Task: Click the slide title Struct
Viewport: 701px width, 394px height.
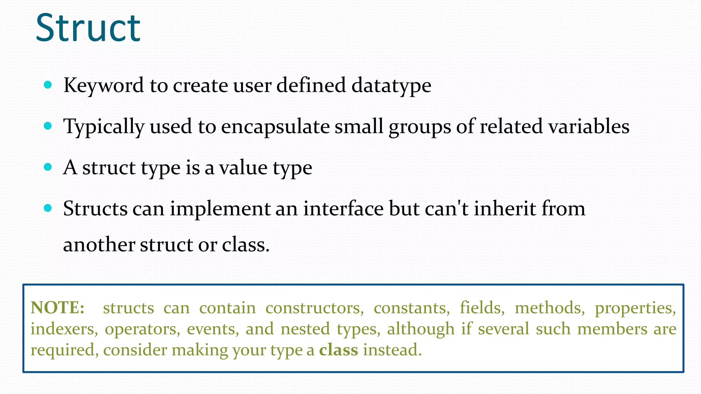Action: click(88, 28)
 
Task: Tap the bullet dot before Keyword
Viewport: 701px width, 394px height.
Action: click(48, 85)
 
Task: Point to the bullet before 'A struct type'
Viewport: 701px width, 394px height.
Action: click(48, 167)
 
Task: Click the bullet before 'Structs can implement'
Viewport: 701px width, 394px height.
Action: click(48, 208)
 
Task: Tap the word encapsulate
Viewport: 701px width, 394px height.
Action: click(275, 127)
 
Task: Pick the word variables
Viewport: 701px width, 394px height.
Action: click(589, 126)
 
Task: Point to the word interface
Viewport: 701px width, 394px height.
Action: click(343, 209)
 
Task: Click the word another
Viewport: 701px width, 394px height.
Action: click(99, 245)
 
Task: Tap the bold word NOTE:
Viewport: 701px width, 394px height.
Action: click(58, 308)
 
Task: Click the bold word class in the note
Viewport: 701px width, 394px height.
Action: click(339, 350)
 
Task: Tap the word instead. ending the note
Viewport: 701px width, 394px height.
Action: click(392, 350)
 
